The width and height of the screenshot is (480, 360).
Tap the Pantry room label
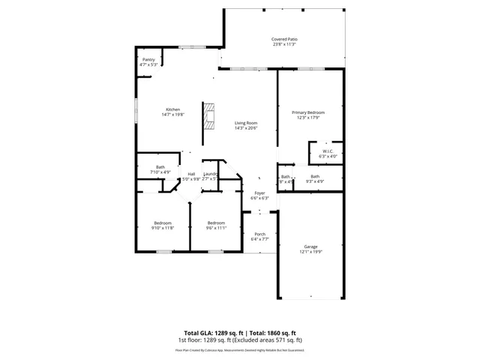(148, 59)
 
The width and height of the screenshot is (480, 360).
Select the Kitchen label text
(172, 109)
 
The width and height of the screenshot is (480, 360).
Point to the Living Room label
(245, 123)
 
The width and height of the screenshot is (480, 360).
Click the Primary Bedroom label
(310, 112)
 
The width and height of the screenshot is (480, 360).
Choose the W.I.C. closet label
(328, 151)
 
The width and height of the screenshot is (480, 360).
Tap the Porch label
(259, 234)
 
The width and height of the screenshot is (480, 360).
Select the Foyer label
(259, 193)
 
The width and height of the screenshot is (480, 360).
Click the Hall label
(191, 174)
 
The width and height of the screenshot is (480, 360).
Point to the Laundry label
(210, 174)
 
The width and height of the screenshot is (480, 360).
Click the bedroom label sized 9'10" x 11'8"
(163, 223)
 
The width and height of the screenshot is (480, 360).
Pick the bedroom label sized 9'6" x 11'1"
(216, 223)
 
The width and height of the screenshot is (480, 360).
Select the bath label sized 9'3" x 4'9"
(315, 176)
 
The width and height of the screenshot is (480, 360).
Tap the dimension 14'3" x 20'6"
(245, 128)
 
